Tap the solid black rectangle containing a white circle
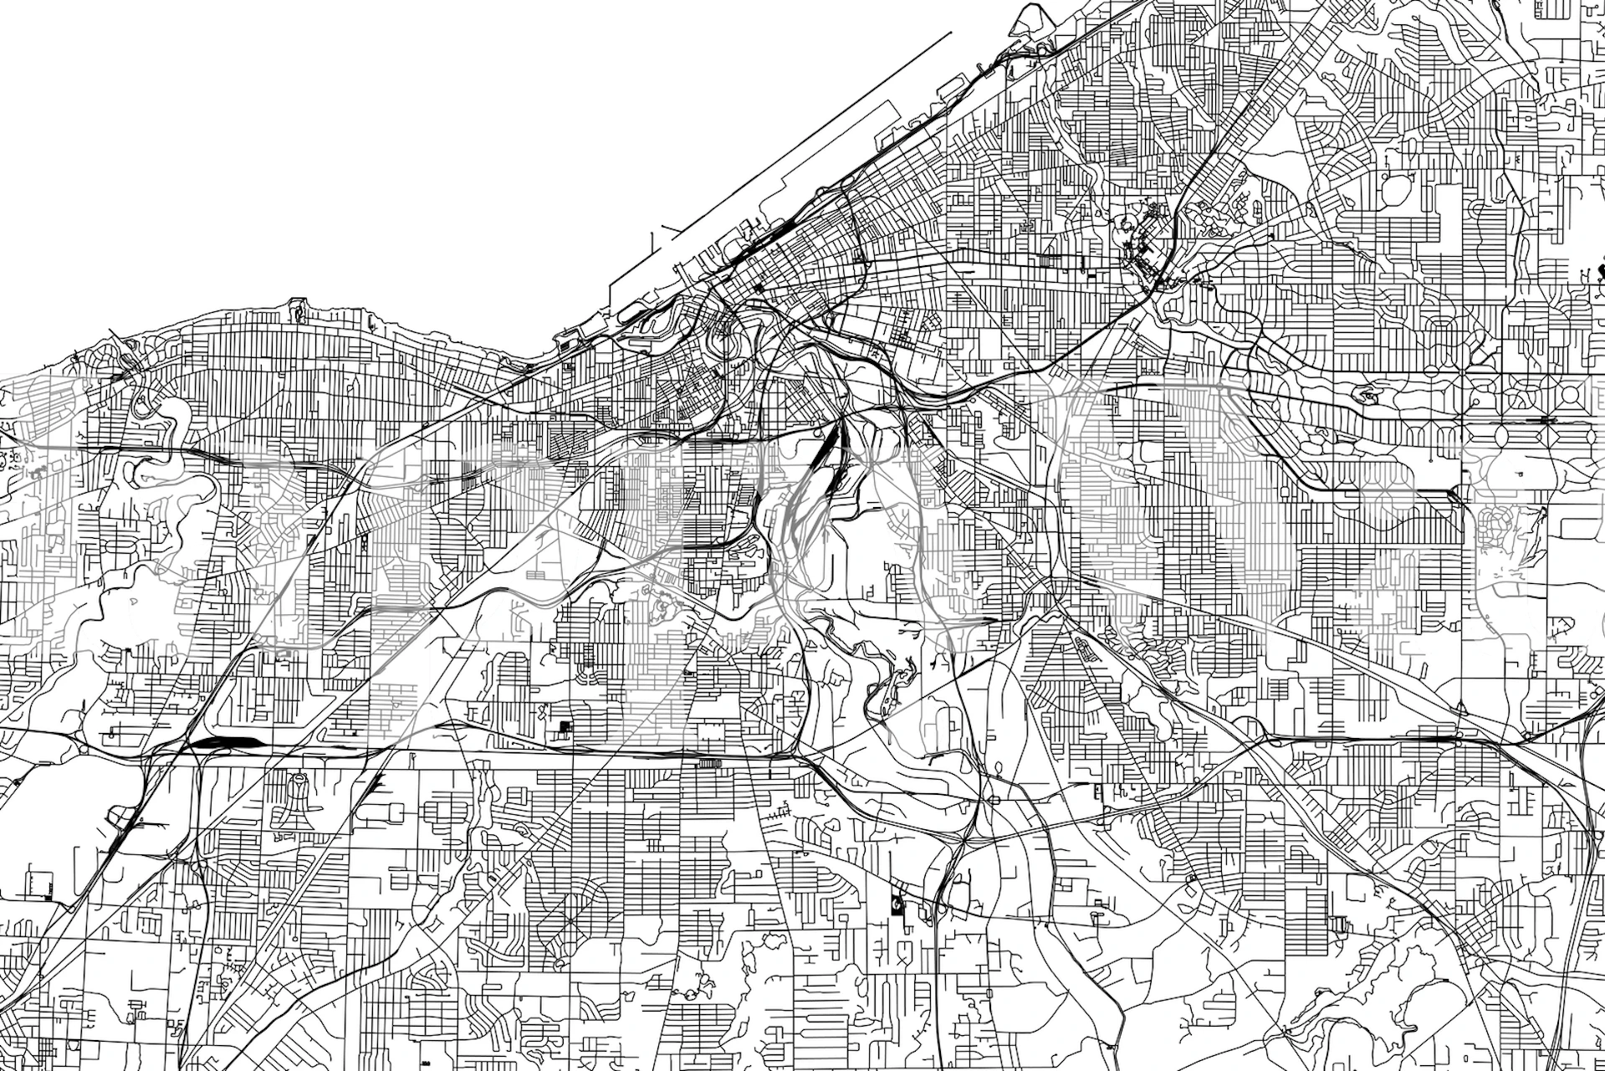896,904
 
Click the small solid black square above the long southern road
565,726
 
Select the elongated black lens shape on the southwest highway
222,741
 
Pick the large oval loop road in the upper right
1395,190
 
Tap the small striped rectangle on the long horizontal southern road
708,763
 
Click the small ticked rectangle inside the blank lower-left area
38,884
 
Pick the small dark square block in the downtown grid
759,288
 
